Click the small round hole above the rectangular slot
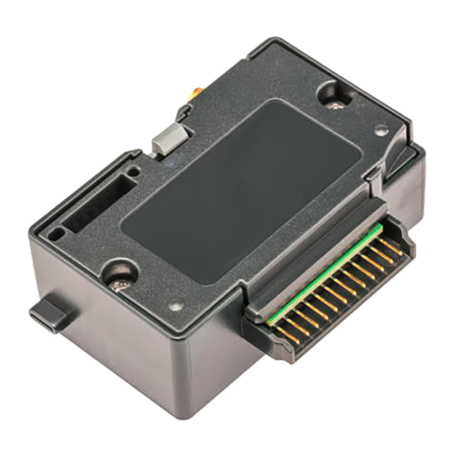tap(133, 172)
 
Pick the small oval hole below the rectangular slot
tap(57, 233)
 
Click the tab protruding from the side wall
tap(50, 313)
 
